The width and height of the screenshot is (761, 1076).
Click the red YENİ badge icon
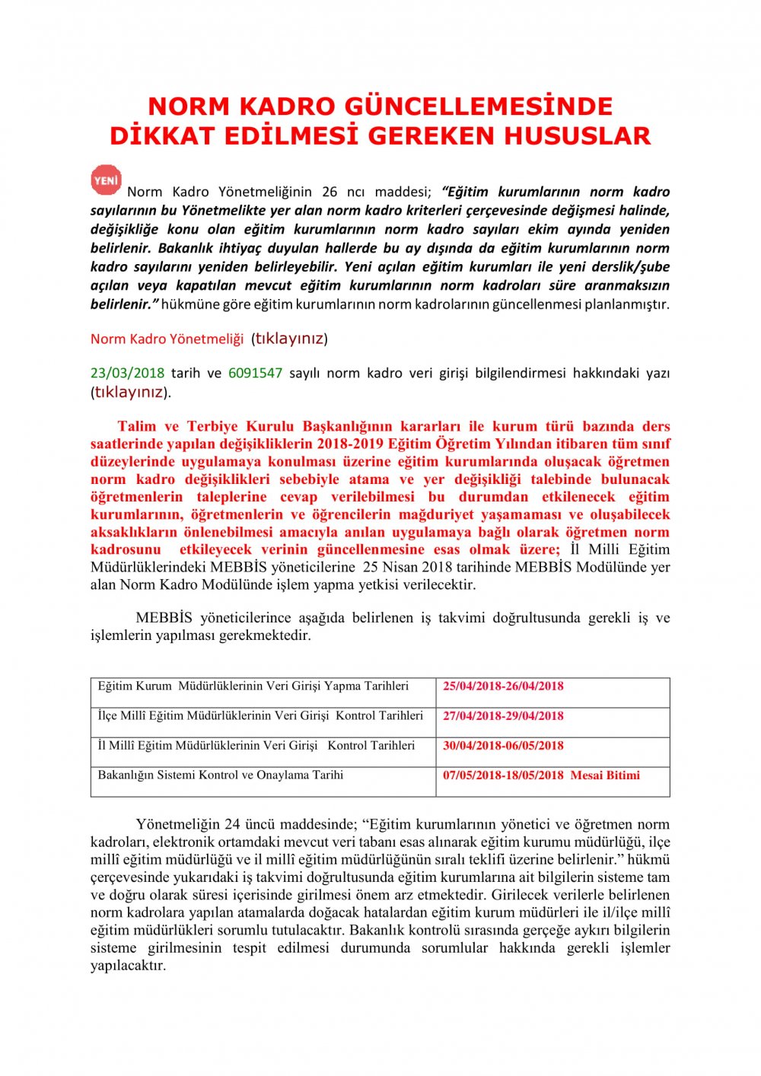tap(106, 180)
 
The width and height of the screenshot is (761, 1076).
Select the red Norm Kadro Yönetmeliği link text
tap(167, 339)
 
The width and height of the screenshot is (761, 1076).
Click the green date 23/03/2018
tap(127, 373)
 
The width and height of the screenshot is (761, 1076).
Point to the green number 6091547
tap(255, 373)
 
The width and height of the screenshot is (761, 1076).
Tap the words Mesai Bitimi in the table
tap(605, 775)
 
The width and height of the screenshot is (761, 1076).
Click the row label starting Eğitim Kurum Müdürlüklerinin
tap(253, 686)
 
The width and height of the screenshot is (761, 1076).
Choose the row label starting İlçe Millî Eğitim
tap(260, 716)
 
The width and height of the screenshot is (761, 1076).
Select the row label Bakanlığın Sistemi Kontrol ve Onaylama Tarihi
tap(221, 775)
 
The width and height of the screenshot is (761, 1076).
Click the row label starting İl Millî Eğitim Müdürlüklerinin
tap(256, 746)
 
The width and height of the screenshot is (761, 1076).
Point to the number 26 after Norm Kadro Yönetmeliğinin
tap(330, 192)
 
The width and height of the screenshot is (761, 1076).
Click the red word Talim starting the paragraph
tap(137, 426)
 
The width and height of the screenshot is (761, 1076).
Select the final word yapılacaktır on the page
tap(127, 966)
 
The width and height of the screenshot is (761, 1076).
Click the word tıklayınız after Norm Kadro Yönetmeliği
tap(289, 339)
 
